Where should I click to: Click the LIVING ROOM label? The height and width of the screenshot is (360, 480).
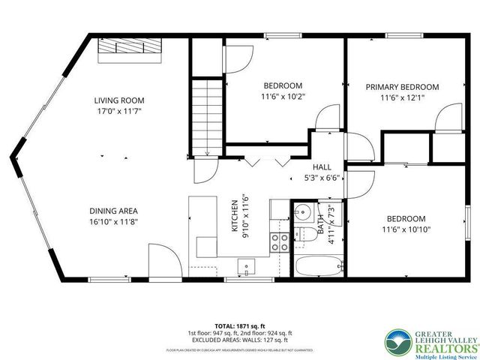118,100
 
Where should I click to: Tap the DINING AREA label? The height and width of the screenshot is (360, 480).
113,211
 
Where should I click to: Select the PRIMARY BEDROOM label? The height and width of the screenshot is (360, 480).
402,87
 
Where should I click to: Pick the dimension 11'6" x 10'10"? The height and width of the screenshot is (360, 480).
406,229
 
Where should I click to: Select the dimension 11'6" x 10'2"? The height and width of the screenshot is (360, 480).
282,96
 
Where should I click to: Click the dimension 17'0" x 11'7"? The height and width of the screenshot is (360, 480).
118,111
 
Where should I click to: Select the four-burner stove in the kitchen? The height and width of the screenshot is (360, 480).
280,241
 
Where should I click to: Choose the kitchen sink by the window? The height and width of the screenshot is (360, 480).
246,265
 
